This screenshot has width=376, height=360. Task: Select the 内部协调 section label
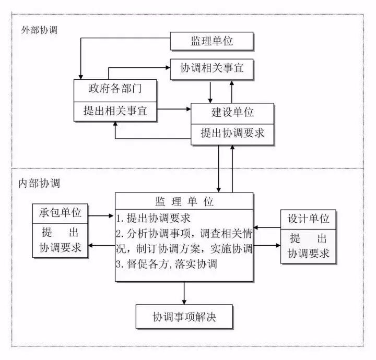tap(39, 184)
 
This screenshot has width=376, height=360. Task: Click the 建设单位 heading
tap(232, 113)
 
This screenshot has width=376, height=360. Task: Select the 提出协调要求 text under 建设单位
tap(232, 134)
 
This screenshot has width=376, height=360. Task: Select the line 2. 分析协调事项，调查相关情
tap(184, 233)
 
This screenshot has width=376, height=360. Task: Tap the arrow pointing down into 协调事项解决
tap(184, 293)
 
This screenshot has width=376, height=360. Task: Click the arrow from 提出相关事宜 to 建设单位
tap(174, 110)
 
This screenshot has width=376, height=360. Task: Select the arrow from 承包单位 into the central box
tap(101, 214)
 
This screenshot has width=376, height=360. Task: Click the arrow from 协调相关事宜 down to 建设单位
tap(210, 92)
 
